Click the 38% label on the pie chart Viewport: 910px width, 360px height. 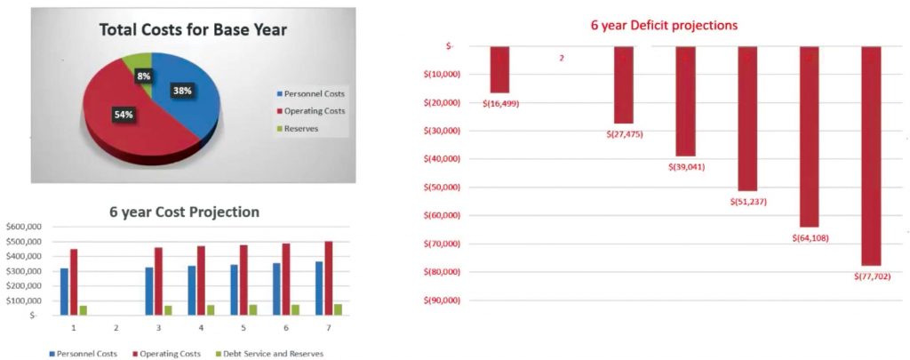pyautogui.click(x=182, y=91)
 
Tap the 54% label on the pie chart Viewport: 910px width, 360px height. pyautogui.click(x=124, y=114)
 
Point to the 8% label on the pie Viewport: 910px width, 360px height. pyautogui.click(x=143, y=76)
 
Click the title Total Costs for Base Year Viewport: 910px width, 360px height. pyautogui.click(x=193, y=30)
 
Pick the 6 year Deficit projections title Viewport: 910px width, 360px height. pyautogui.click(x=664, y=25)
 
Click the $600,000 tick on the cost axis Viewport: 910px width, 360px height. pyautogui.click(x=20, y=228)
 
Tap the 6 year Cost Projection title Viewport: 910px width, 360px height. pyautogui.click(x=184, y=212)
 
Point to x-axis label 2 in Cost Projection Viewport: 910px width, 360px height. pyautogui.click(x=116, y=328)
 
